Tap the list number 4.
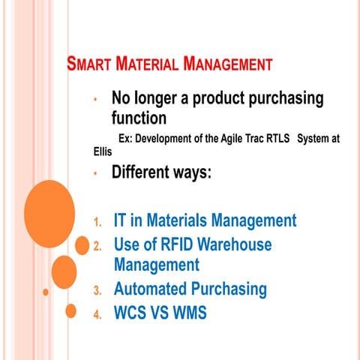click(97, 313)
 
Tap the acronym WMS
click(186, 312)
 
